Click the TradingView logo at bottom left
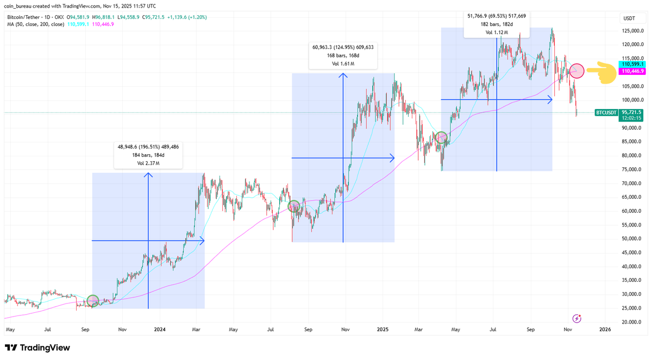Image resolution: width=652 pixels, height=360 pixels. click(37, 348)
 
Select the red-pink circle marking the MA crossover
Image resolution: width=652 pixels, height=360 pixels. click(577, 71)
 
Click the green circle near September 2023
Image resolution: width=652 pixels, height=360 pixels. click(92, 300)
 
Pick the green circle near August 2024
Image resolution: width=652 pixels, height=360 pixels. click(293, 206)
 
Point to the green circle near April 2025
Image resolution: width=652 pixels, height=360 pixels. click(441, 137)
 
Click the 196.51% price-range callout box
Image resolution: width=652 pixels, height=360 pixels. click(148, 154)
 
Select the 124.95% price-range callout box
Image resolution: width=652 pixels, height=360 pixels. click(343, 56)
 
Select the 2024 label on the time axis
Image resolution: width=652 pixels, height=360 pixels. click(160, 329)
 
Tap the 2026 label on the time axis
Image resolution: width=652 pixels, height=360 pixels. click(605, 329)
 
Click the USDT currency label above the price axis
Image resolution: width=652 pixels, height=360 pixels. click(629, 18)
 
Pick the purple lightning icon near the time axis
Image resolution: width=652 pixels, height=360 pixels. click(577, 318)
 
